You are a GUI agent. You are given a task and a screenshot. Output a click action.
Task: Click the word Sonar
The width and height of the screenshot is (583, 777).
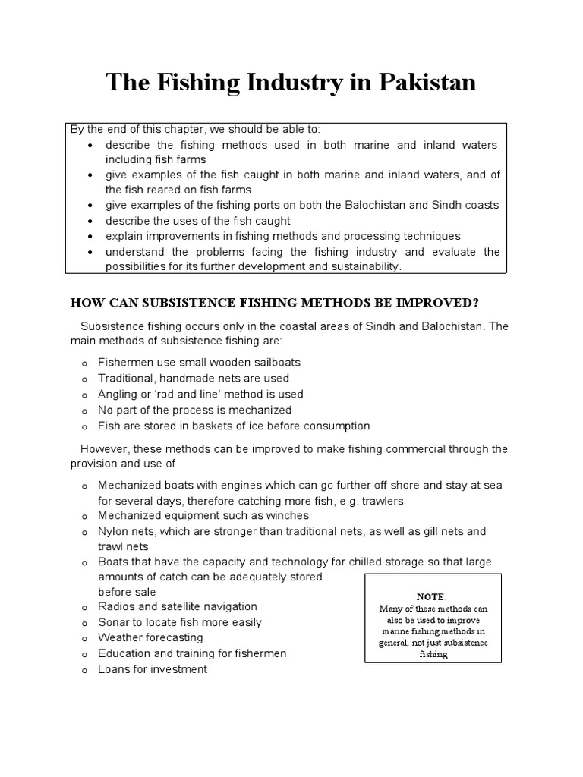click(114, 622)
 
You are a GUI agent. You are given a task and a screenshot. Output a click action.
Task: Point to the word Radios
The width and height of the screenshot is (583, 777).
click(118, 606)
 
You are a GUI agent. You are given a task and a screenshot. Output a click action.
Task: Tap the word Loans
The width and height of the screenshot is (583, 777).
click(115, 669)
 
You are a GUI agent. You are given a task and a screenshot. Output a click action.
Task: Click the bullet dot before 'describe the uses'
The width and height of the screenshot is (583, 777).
click(90, 221)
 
